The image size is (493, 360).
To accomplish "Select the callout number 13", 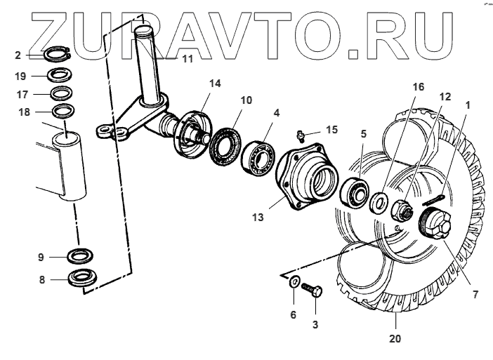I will tap(258, 218).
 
